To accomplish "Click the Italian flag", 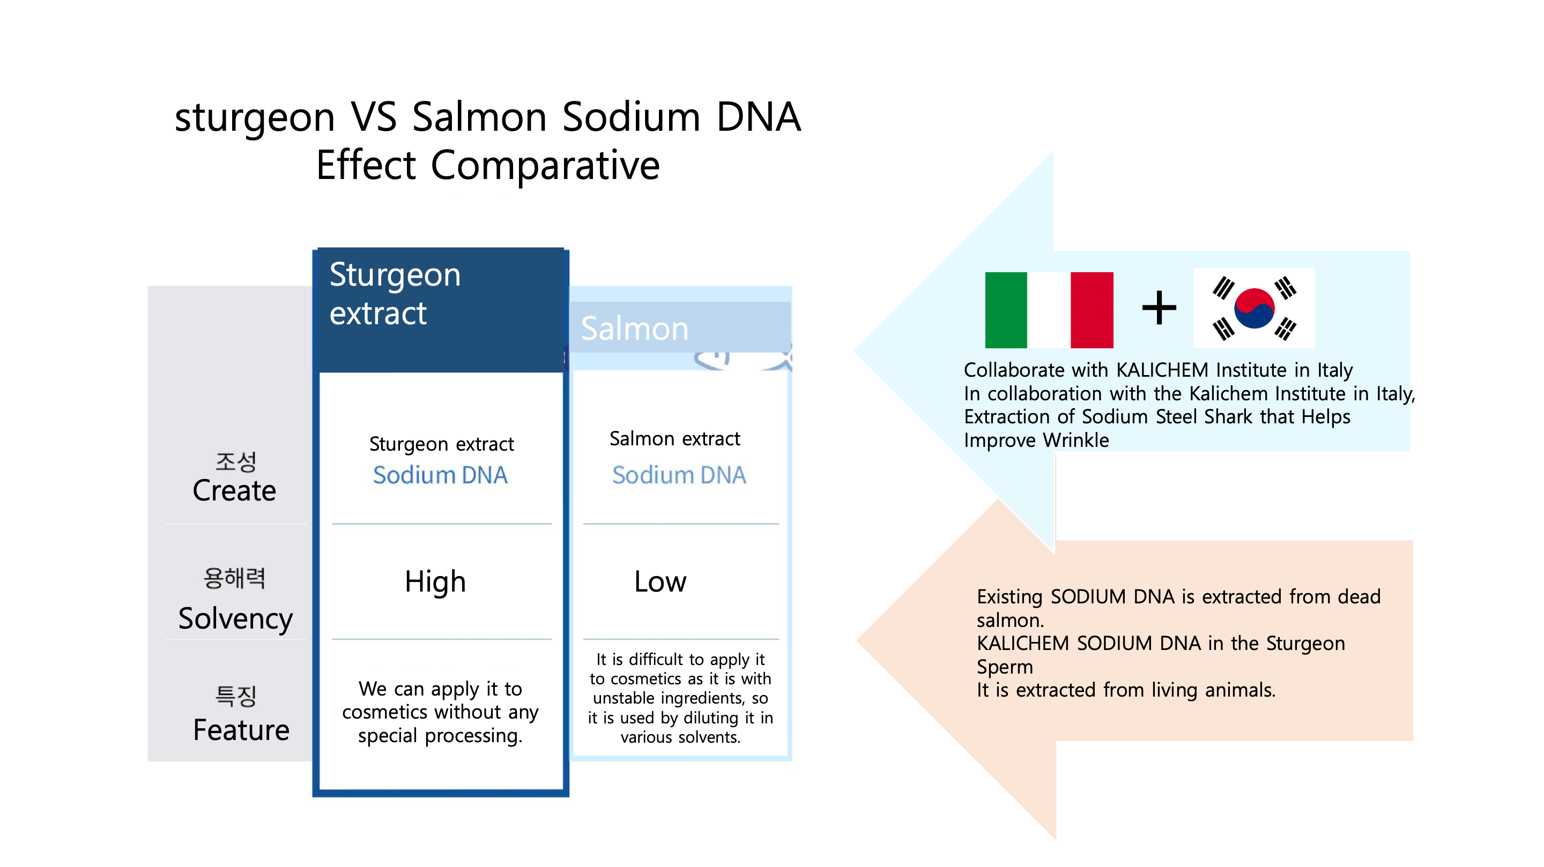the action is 1049,310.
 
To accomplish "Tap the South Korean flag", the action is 1254,308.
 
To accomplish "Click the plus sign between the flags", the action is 1159,308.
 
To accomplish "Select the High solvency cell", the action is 435,582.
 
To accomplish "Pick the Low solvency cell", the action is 660,582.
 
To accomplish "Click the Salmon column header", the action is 635,328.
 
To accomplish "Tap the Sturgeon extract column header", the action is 395,294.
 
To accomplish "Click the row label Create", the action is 234,491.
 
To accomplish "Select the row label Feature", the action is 241,730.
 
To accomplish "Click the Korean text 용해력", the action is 234,578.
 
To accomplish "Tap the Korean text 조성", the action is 235,462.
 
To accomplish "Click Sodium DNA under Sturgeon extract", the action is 440,475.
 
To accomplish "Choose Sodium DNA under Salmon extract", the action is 679,475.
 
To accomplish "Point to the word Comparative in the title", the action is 545,166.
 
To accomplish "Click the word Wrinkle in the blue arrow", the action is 1076,440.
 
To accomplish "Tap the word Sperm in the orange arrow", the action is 1005,668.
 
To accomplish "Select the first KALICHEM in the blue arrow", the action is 1162,370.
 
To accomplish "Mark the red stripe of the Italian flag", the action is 1092,310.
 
